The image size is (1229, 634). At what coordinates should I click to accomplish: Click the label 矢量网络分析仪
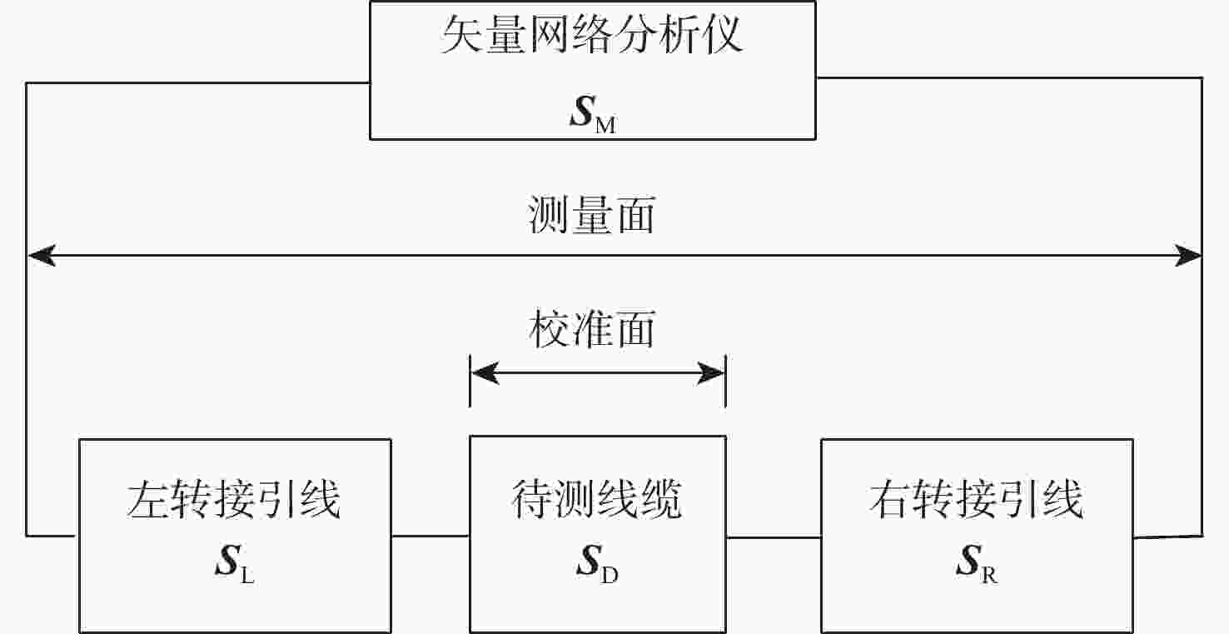point(592,35)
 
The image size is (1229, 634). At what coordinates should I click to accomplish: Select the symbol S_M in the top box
point(593,114)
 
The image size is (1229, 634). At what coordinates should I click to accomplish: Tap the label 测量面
point(591,215)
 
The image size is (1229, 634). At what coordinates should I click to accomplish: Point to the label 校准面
point(592,329)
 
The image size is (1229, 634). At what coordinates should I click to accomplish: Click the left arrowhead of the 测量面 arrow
point(42,255)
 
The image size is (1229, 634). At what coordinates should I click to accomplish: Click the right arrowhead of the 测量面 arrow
point(1187,255)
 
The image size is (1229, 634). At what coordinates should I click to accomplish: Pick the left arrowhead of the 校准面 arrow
point(485,373)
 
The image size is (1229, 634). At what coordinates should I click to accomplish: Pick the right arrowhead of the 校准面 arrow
point(710,373)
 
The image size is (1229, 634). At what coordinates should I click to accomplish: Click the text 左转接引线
point(234,499)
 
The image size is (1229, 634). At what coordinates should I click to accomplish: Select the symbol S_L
point(235,562)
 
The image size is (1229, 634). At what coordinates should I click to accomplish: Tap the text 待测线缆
point(597,499)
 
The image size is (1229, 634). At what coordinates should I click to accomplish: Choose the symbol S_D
point(598,562)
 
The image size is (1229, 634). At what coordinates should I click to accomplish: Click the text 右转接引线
point(977,499)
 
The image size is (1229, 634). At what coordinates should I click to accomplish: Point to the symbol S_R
point(977,562)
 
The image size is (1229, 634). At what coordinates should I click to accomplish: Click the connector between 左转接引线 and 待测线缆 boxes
point(430,536)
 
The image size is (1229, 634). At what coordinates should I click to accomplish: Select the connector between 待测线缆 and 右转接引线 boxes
point(774,537)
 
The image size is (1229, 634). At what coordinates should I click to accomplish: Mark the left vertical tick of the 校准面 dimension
point(470,382)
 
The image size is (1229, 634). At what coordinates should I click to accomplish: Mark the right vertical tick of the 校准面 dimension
point(726,382)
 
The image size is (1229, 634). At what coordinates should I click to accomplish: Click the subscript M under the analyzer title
point(605,125)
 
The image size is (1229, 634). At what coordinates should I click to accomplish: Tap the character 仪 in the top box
point(722,35)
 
